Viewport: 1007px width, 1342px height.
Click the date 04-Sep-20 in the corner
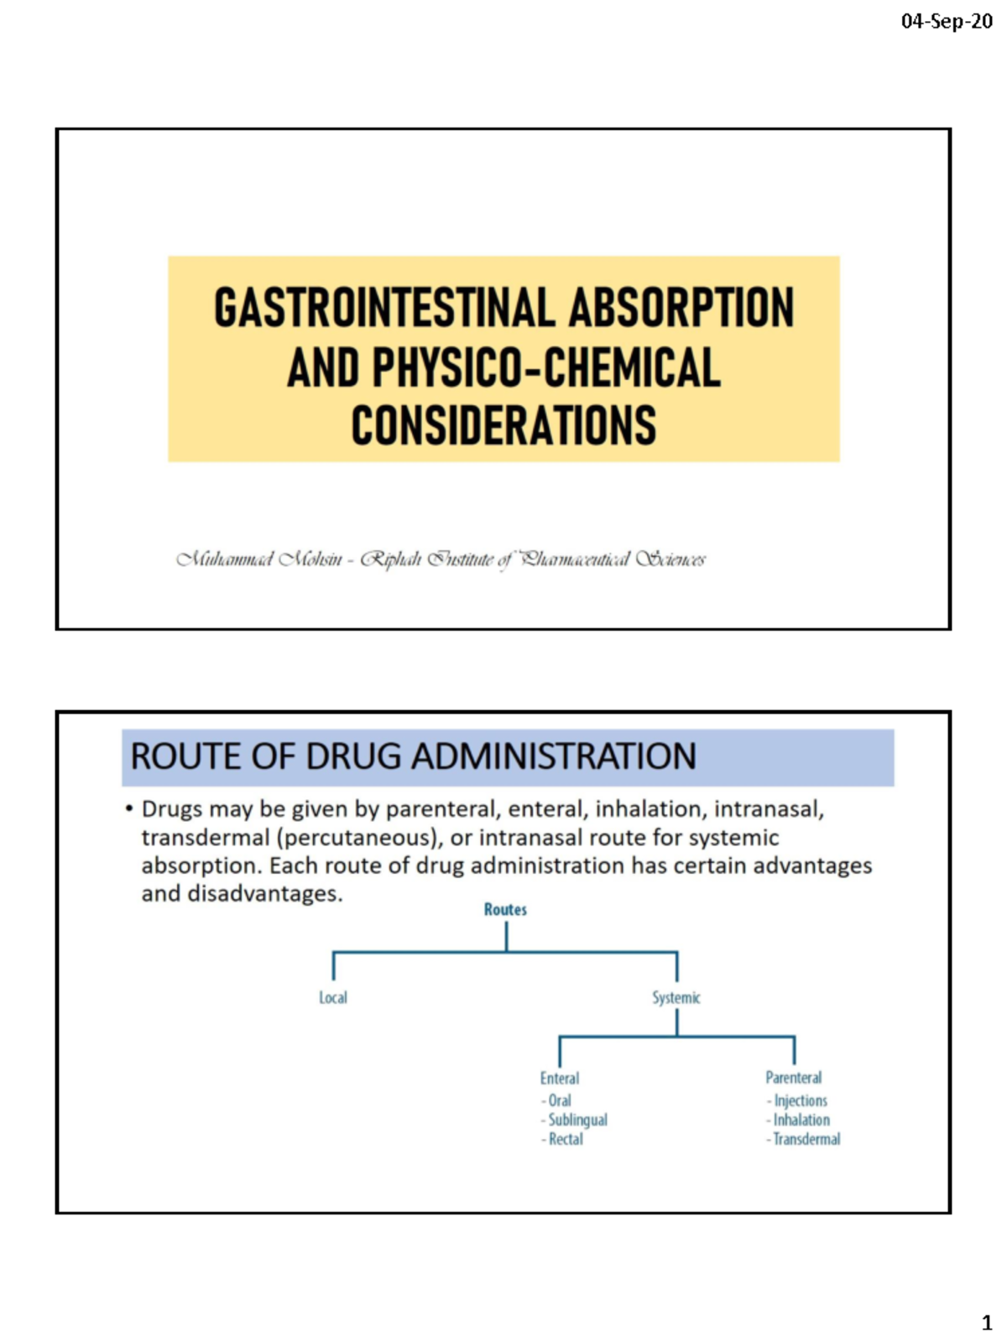946,22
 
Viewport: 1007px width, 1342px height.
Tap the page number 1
987,1323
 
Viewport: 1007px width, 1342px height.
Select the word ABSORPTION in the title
681,308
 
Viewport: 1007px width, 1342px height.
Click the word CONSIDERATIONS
503,426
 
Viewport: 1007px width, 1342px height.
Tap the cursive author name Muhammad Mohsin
259,559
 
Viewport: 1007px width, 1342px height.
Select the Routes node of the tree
505,910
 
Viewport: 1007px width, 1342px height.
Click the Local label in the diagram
333,998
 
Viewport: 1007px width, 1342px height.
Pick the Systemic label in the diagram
676,998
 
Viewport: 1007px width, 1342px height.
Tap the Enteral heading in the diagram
560,1079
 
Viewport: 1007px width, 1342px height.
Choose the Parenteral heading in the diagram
794,1078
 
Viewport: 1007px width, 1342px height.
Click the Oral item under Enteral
560,1100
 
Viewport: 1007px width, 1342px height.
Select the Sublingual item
577,1120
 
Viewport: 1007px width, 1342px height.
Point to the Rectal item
566,1139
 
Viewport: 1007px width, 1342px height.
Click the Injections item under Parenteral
801,1100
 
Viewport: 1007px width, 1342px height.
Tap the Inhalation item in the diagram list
801,1120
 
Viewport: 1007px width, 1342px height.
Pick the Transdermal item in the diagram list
806,1139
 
